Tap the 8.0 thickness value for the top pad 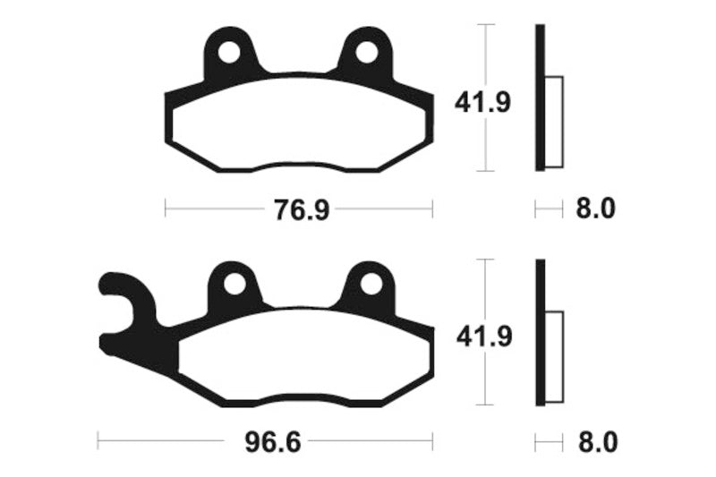click(594, 210)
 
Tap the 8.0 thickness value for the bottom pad click(594, 442)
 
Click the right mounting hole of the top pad click(367, 52)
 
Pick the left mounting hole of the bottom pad click(235, 285)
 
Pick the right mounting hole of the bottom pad click(369, 285)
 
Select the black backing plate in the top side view click(540, 98)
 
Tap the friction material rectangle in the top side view click(554, 121)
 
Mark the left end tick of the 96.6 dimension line click(98, 442)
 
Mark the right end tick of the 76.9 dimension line click(432, 210)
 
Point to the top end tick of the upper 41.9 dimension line click(484, 25)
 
